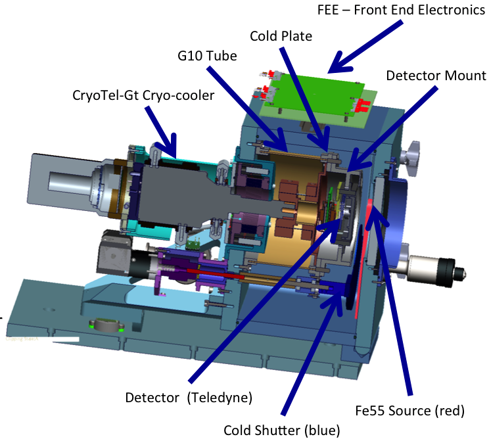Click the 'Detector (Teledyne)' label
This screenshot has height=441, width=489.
[189, 397]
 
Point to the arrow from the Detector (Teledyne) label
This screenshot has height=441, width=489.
[263, 302]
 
